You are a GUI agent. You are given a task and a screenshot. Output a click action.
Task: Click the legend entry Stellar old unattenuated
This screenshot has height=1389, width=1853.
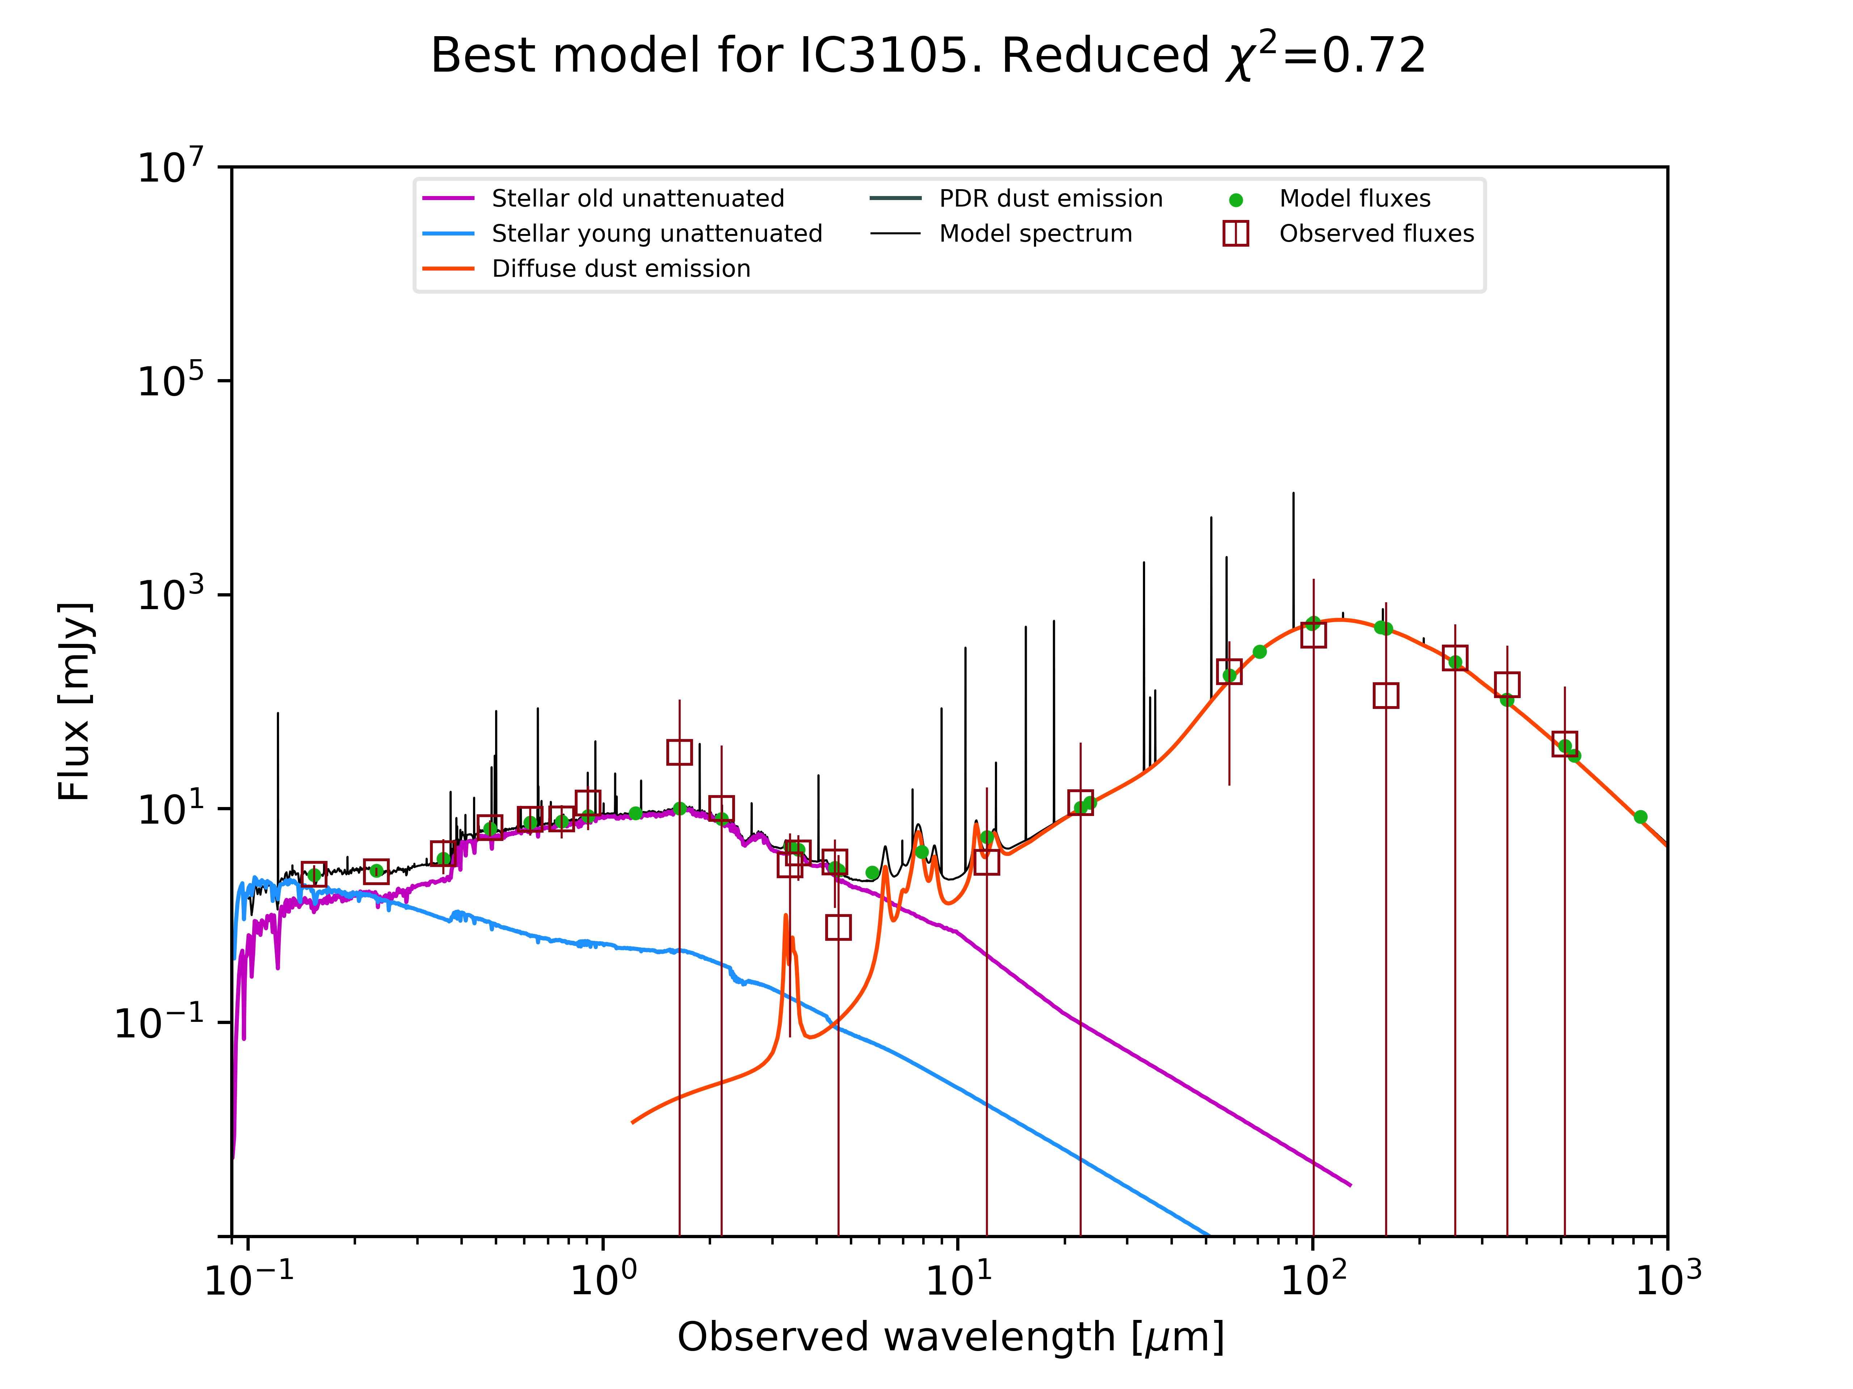(x=637, y=199)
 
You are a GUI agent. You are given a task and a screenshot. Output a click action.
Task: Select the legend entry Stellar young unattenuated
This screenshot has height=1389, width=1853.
(x=657, y=234)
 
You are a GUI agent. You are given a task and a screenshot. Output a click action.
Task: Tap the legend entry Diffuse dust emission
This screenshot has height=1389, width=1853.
(x=621, y=269)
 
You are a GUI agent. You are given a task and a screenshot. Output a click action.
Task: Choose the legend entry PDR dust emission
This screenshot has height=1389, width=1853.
(x=1051, y=199)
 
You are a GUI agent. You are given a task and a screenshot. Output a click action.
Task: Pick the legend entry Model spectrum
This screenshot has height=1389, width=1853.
(x=1035, y=234)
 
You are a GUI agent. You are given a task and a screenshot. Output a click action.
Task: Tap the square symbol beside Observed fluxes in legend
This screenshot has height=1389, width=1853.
(x=1236, y=234)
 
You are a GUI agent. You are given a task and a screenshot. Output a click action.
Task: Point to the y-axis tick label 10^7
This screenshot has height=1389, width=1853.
(x=170, y=167)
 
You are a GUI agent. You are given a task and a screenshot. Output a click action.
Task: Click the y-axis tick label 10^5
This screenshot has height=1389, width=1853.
(x=170, y=381)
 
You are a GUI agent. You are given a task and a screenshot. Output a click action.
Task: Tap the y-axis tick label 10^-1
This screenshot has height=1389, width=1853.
(x=159, y=1022)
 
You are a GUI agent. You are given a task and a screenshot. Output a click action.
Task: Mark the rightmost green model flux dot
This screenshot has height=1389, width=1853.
(x=1640, y=817)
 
